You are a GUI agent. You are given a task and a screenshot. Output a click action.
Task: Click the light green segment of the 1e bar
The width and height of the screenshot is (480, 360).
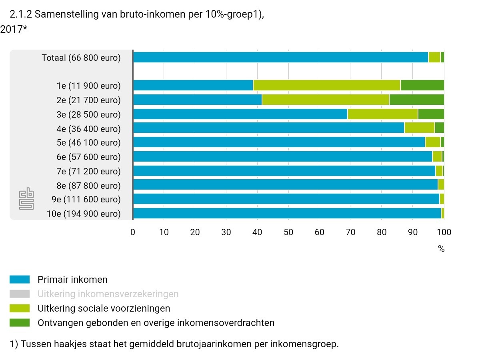click(327, 85)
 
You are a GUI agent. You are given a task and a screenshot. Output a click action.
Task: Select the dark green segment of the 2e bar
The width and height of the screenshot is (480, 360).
click(416, 100)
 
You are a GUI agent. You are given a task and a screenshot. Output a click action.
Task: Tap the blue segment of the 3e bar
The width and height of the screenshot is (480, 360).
click(240, 114)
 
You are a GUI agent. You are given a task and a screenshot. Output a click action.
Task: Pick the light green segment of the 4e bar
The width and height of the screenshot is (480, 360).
click(420, 128)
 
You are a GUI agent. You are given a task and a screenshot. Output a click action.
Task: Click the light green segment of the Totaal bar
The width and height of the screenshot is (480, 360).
click(434, 57)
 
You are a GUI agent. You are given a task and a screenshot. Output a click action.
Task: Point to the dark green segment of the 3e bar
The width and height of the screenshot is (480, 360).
click(431, 114)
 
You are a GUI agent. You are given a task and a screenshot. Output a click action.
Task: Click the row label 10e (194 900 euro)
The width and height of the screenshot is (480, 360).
click(84, 214)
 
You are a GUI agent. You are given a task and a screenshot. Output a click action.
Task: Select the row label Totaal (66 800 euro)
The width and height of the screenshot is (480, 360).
click(81, 58)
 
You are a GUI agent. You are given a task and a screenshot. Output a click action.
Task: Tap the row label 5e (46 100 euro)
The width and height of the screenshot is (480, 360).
click(88, 143)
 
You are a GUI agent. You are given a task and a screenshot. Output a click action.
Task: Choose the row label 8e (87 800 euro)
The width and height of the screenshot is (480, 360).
click(88, 186)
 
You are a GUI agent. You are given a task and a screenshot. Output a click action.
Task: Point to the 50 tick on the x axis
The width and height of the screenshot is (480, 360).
click(288, 232)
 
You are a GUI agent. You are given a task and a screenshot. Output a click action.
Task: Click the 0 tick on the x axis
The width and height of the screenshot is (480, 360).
click(133, 232)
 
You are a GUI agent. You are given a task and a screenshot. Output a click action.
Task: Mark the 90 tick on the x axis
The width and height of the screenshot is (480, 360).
click(413, 232)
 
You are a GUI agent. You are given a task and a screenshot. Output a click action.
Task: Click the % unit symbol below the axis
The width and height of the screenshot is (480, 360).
click(441, 249)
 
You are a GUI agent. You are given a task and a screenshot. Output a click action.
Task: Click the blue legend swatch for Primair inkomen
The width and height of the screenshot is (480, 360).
click(20, 280)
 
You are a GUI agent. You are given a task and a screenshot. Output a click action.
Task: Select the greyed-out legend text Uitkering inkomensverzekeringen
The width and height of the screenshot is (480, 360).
click(108, 294)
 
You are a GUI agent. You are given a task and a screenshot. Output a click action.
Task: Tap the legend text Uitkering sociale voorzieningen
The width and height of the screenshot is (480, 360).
click(104, 308)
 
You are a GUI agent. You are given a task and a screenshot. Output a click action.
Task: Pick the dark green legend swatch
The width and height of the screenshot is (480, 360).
click(20, 323)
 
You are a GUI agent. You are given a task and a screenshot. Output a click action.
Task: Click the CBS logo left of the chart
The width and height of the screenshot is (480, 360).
click(27, 199)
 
